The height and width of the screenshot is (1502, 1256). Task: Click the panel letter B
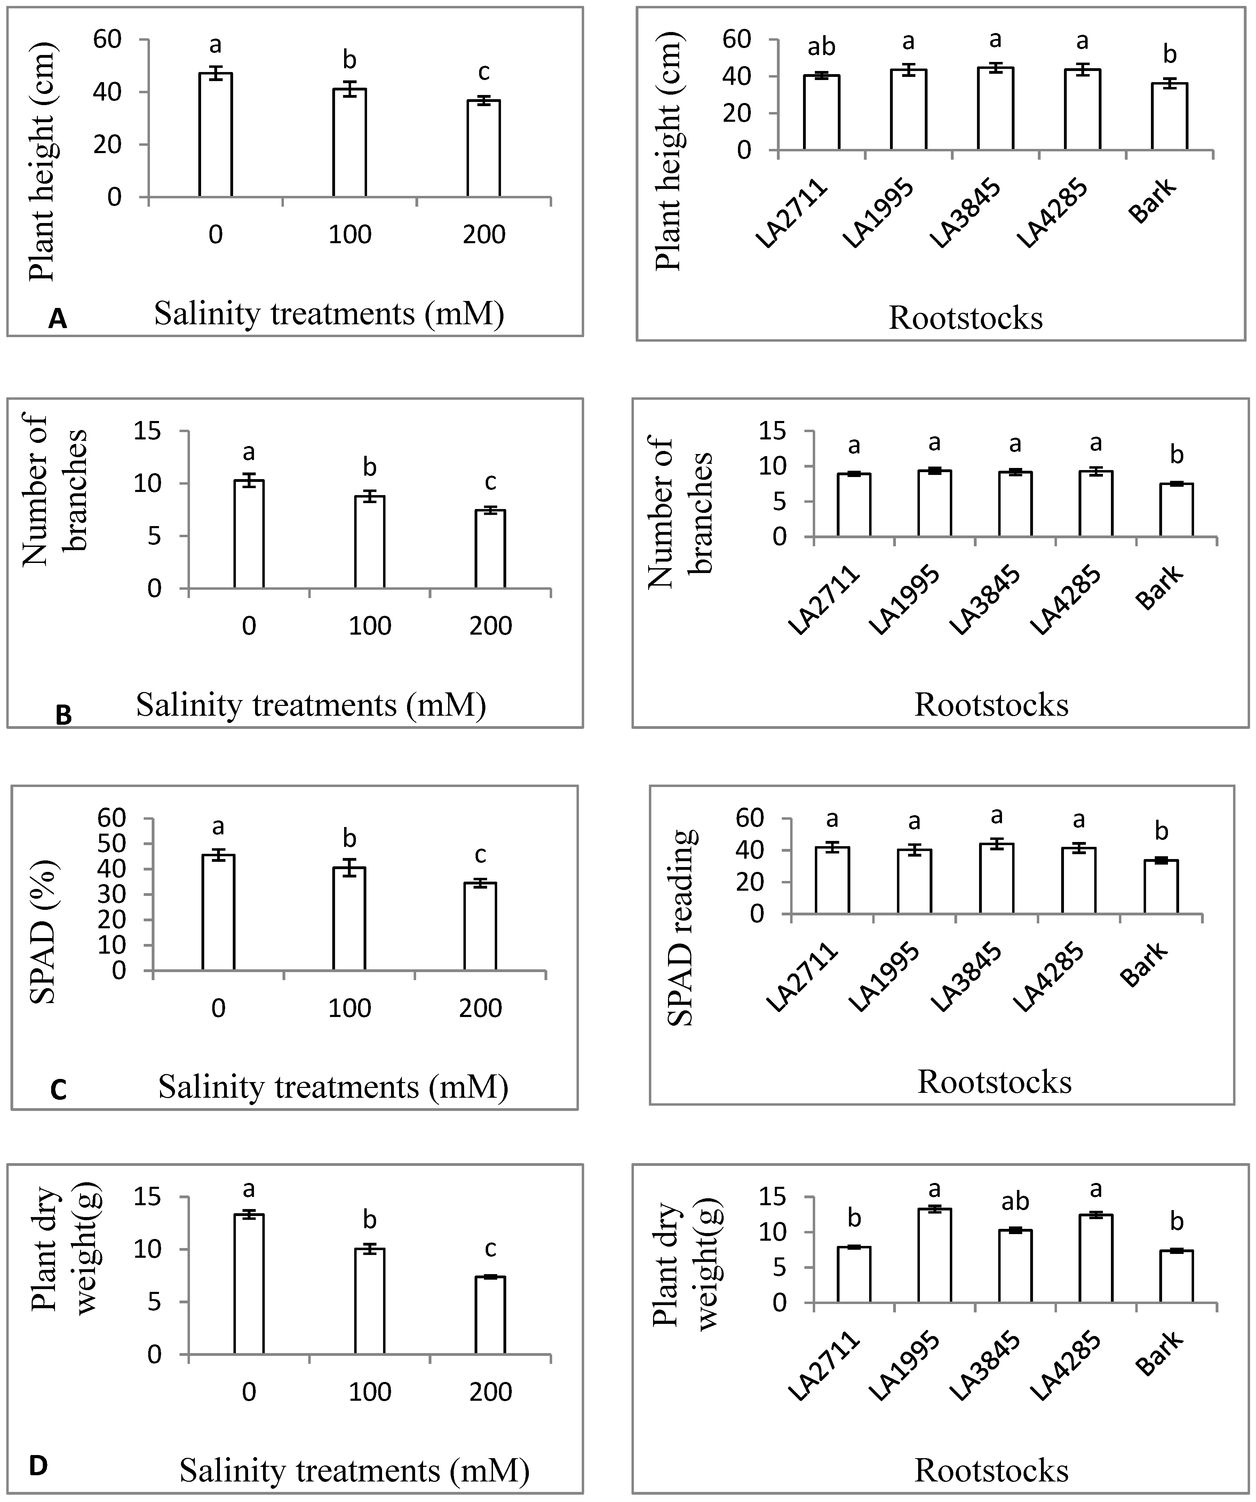click(x=63, y=715)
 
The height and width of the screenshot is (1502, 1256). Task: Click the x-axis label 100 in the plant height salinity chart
click(x=350, y=235)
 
